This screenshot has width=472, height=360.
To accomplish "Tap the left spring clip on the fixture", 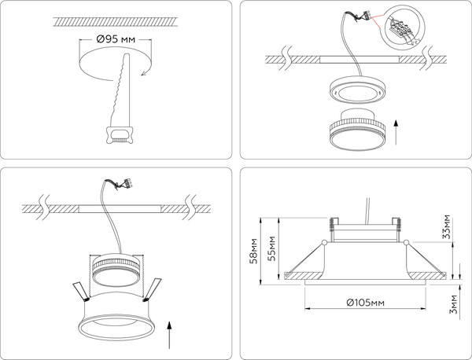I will (x=81, y=291).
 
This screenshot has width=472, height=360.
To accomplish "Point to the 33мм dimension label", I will (x=446, y=226).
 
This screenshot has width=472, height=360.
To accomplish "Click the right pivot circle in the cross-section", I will (x=407, y=241).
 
